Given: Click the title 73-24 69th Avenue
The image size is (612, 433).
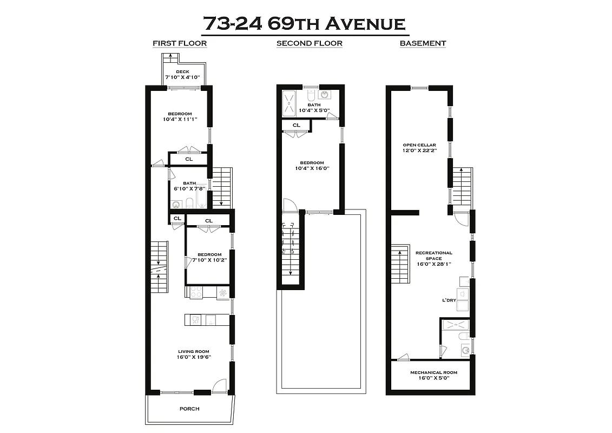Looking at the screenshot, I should [x=304, y=24].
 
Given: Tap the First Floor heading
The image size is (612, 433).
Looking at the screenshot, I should [x=180, y=43].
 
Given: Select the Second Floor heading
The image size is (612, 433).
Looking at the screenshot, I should [x=309, y=43].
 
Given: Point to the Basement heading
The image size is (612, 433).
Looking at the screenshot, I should [x=423, y=43].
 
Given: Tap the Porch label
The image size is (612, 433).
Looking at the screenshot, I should [x=189, y=409].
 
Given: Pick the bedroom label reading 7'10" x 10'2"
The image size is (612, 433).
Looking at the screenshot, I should [x=209, y=257].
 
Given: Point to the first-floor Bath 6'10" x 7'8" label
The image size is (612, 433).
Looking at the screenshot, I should [x=189, y=186].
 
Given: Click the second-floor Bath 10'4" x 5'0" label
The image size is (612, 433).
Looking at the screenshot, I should [x=313, y=108].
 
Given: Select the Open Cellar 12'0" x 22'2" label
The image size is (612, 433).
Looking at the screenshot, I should [x=419, y=148].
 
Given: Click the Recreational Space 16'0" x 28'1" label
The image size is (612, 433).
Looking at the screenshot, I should [x=433, y=258].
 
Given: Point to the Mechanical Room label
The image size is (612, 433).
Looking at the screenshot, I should [x=433, y=375].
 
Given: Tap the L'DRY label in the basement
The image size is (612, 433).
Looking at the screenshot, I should [x=451, y=299].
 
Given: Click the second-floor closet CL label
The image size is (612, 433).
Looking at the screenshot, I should [x=297, y=125].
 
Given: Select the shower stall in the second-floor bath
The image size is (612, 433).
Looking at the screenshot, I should [x=290, y=103].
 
